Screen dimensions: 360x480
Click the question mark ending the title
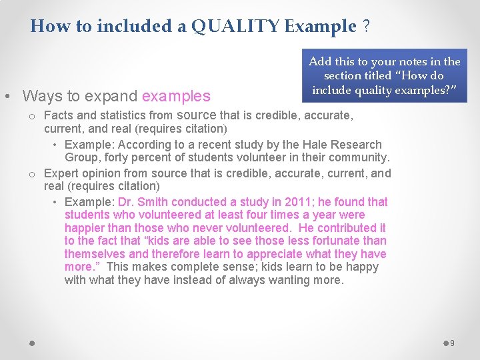pos(366,26)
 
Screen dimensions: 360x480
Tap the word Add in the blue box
pos(320,62)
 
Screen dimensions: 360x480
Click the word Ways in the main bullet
pos(40,96)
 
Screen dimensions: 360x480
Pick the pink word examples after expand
pos(176,96)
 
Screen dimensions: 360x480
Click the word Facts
pos(59,115)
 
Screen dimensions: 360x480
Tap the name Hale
pos(313,145)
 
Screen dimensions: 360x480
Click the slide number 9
pos(452,343)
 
